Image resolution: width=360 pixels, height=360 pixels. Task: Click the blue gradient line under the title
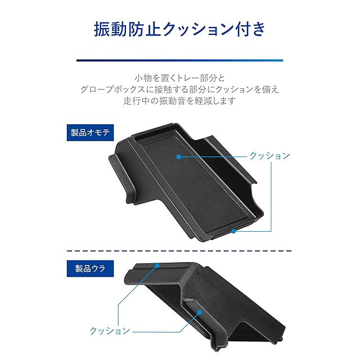pos(179,59)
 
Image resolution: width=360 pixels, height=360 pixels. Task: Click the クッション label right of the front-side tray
pos(269,156)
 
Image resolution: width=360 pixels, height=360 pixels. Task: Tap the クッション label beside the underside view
pos(110,331)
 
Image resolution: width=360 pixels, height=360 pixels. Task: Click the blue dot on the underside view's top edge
pos(158,265)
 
